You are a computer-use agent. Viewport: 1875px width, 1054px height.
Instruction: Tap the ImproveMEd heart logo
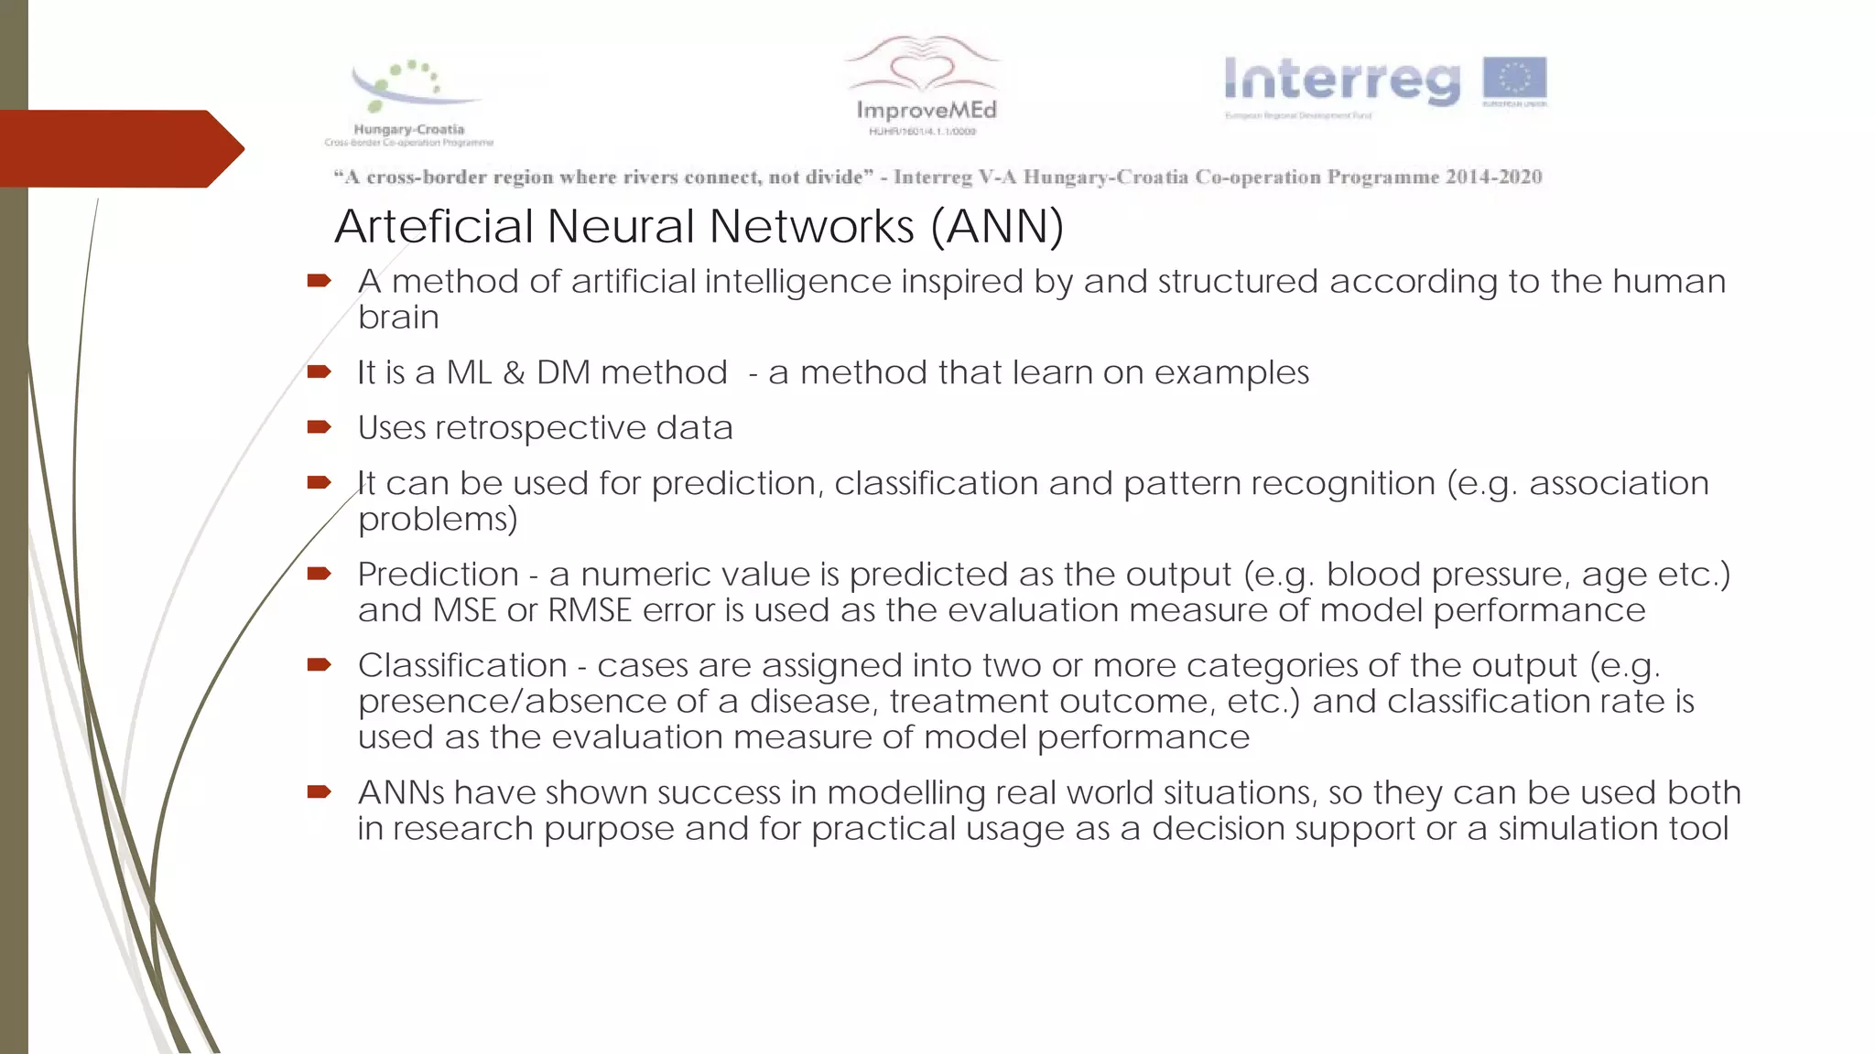tap(924, 82)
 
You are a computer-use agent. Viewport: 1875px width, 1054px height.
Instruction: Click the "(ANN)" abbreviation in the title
tap(997, 226)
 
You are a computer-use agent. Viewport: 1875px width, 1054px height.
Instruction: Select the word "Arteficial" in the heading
tap(432, 226)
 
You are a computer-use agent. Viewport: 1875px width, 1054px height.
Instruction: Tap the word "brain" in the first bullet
tap(398, 317)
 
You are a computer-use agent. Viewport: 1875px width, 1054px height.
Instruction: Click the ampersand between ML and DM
tap(514, 373)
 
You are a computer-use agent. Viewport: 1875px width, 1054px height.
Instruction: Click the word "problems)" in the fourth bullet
tap(438, 520)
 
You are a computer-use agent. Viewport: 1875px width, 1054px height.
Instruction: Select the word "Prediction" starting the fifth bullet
tap(438, 575)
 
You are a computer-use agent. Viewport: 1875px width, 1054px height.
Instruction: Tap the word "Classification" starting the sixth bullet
tap(462, 665)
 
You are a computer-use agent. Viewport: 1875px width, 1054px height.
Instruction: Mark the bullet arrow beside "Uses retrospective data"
tap(319, 426)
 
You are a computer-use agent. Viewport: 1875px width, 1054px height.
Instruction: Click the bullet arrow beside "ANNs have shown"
tap(319, 791)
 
